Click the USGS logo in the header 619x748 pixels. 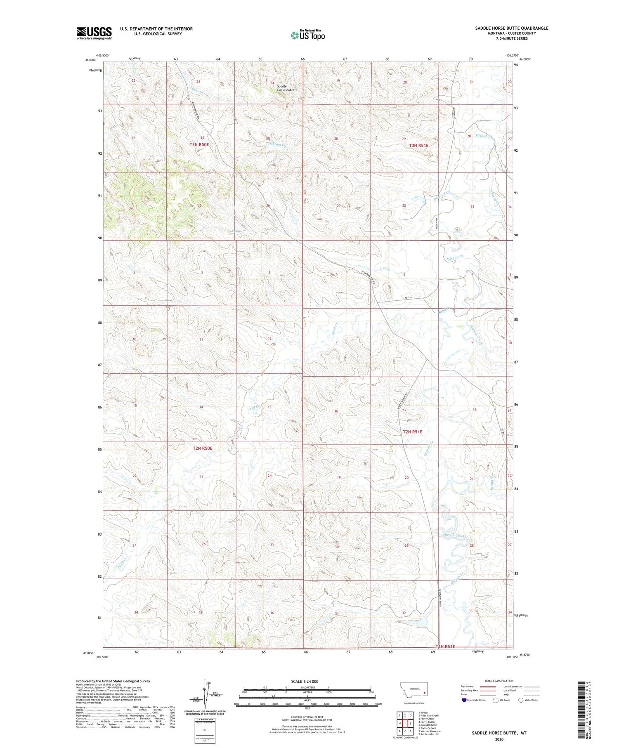pyautogui.click(x=94, y=33)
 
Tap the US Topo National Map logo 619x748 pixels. pyautogui.click(x=308, y=35)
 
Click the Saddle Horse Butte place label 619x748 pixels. pyautogui.click(x=285, y=88)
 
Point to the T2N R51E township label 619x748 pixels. pyautogui.click(x=412, y=432)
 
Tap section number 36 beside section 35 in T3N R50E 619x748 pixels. pyautogui.click(x=268, y=205)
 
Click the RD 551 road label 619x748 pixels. pyautogui.click(x=408, y=297)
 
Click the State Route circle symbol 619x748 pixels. pyautogui.click(x=521, y=700)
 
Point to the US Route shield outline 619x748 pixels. pyautogui.click(x=496, y=700)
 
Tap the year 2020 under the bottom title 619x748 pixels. pyautogui.click(x=499, y=739)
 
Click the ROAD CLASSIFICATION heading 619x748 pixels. pyautogui.click(x=499, y=681)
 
